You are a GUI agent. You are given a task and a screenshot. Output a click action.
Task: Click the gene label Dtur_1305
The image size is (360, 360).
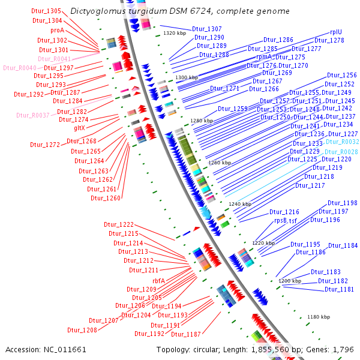point(46,11)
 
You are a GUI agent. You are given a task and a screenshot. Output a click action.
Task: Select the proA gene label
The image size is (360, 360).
point(57,30)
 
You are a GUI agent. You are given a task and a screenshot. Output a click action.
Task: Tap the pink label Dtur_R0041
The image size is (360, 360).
point(54,59)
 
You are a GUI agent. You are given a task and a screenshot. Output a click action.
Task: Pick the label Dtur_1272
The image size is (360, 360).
point(45,145)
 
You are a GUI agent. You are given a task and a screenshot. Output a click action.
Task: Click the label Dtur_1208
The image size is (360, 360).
point(82,330)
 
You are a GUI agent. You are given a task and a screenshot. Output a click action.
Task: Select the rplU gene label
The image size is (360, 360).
point(336,33)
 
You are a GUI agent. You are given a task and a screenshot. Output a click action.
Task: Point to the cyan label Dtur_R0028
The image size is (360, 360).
point(341,152)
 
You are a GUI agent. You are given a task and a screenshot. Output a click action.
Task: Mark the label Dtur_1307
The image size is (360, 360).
point(206,29)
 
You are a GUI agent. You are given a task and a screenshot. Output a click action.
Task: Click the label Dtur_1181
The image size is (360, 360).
point(339,289)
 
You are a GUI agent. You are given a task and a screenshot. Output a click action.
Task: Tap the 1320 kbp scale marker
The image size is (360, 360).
point(175,34)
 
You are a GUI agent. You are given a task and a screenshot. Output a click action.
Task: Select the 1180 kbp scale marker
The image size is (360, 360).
point(318,317)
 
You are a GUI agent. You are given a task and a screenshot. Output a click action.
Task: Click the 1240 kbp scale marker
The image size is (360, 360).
point(239,204)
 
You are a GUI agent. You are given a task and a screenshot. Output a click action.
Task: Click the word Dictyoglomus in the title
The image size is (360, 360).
point(92,11)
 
